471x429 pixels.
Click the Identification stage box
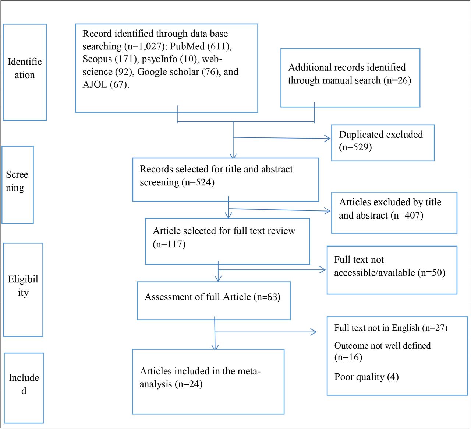tap(25, 72)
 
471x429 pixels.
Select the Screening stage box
tap(18, 185)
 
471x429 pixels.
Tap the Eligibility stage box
tap(23, 290)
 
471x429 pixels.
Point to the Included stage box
tap(24, 388)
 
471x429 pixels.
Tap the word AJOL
tap(95, 84)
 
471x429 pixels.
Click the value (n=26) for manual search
tap(397, 80)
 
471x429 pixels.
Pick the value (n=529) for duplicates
tap(355, 147)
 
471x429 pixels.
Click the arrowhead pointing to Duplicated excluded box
tap(328, 139)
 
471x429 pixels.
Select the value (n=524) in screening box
tap(198, 182)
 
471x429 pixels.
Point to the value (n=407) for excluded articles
tap(407, 215)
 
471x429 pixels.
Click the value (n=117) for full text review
tap(169, 244)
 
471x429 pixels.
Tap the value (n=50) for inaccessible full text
tap(431, 273)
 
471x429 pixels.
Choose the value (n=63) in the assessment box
tap(267, 297)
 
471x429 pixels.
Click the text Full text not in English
tap(377, 328)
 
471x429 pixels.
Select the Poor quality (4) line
tap(366, 377)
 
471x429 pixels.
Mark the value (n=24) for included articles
tap(188, 384)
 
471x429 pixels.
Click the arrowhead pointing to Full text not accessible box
tap(323, 270)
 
